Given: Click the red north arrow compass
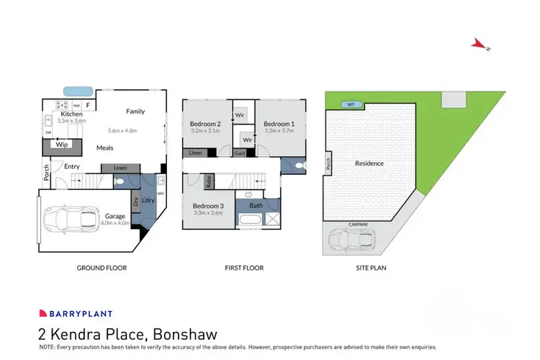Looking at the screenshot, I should pos(479,45).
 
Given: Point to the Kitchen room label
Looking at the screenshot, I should pos(71,114).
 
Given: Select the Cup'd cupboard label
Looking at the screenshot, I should pos(240,153).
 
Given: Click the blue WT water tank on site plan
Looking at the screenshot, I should pos(351,104).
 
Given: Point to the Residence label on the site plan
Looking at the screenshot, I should pos(369,163).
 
